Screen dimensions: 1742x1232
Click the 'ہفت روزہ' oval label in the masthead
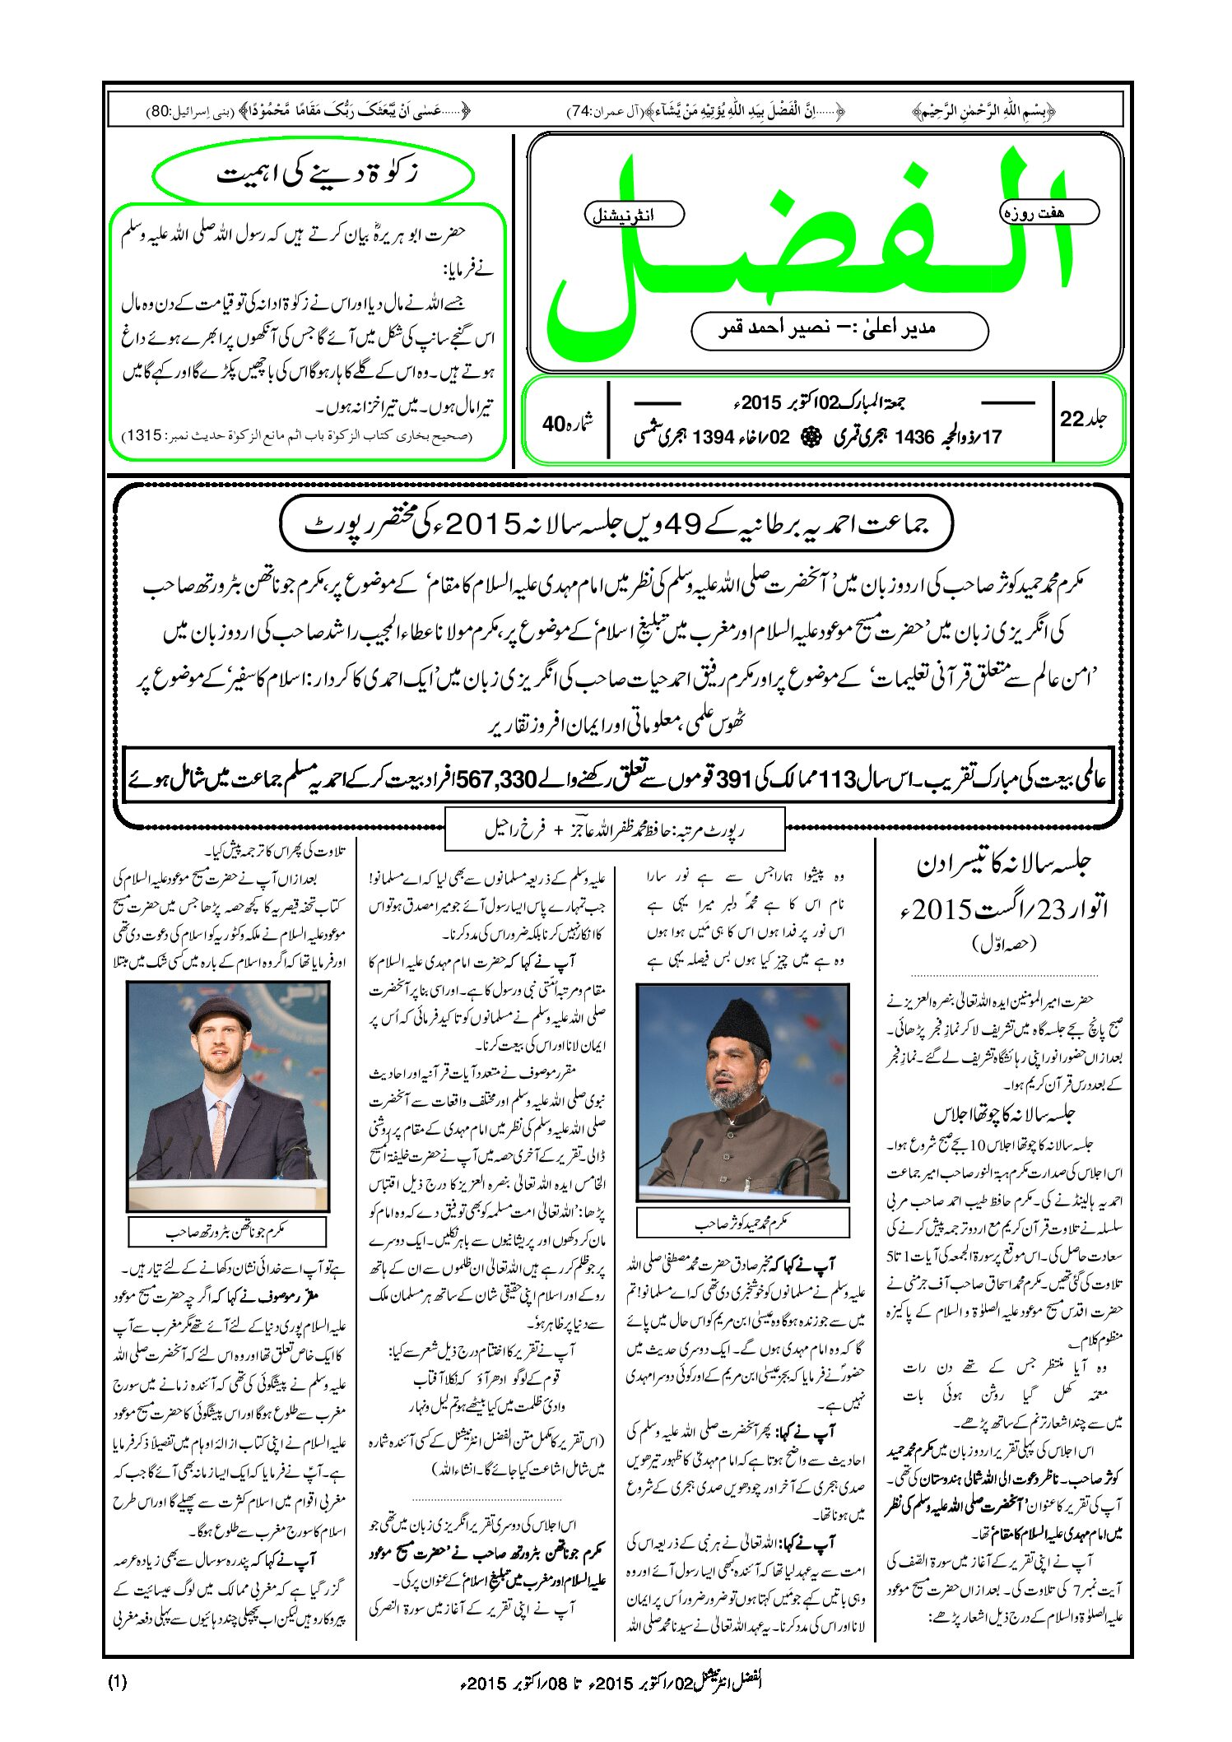pyautogui.click(x=1049, y=212)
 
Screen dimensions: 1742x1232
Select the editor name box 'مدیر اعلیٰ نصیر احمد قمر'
pyautogui.click(x=839, y=331)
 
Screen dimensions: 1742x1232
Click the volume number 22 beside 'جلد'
pyautogui.click(x=1073, y=420)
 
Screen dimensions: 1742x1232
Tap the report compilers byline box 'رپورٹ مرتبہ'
pyautogui.click(x=615, y=830)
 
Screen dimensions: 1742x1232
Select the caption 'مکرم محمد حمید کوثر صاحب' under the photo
pyautogui.click(x=742, y=1224)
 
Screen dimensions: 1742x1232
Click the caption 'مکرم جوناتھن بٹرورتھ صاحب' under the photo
pyautogui.click(x=227, y=1232)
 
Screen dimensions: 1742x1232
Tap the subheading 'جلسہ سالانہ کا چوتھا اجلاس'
pyautogui.click(x=1004, y=1115)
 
